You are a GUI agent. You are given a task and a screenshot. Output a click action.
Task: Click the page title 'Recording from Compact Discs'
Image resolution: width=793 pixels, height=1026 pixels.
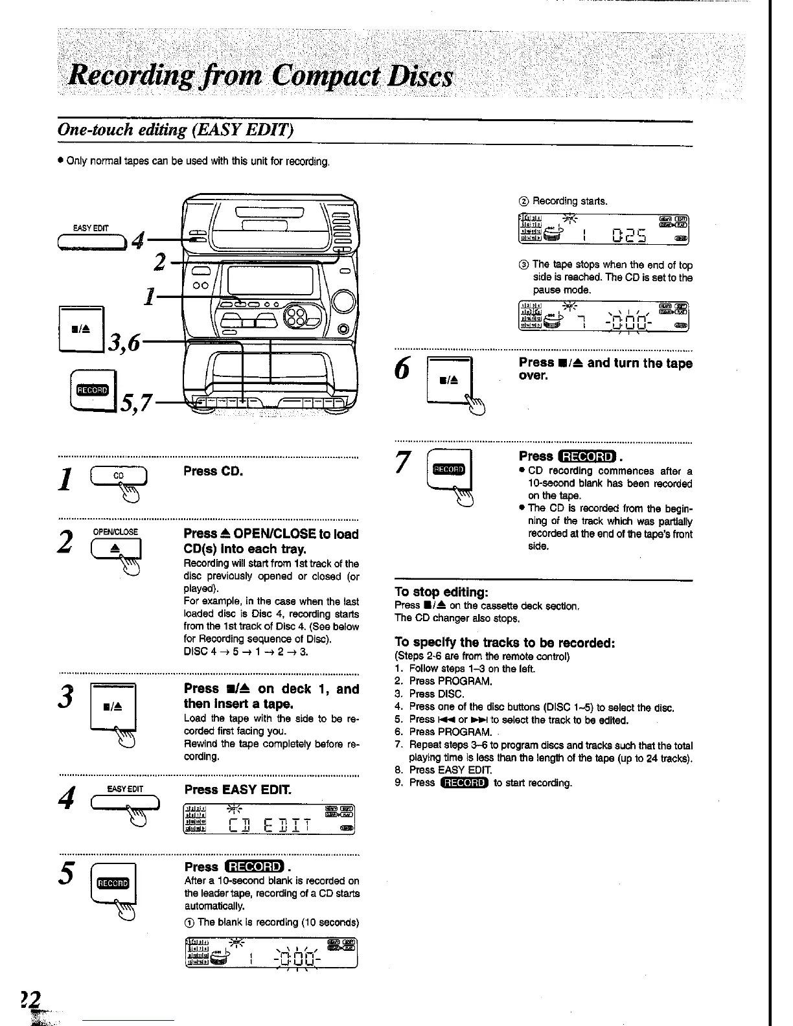[262, 78]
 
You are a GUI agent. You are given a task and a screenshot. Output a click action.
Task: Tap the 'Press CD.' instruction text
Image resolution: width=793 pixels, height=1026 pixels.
[213, 471]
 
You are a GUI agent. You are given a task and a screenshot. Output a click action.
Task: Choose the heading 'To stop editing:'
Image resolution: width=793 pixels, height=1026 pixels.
[441, 592]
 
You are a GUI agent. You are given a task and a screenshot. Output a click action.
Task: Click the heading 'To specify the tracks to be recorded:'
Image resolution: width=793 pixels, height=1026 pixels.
[504, 643]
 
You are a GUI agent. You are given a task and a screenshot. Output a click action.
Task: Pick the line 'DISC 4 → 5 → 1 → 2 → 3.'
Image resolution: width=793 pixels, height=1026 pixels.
[246, 652]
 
